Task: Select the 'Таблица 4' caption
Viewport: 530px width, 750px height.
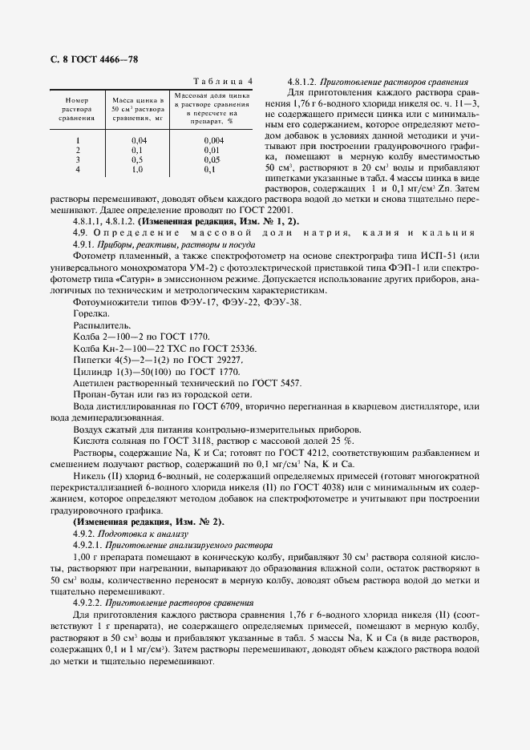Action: pyautogui.click(x=225, y=82)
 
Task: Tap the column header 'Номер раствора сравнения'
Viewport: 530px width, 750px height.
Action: pyautogui.click(x=76, y=108)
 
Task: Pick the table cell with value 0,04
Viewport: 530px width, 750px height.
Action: pyautogui.click(x=138, y=140)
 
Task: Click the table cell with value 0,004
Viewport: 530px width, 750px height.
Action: pyautogui.click(x=212, y=140)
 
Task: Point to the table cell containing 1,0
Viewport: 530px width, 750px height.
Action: pyautogui.click(x=137, y=170)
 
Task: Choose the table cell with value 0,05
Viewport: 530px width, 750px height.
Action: pyautogui.click(x=212, y=160)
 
